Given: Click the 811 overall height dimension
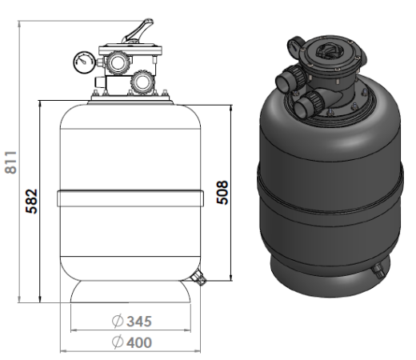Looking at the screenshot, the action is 11,162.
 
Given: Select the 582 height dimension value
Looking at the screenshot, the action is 31,201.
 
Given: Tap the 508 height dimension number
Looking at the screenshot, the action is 222,193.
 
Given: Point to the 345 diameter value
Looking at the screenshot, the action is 139,322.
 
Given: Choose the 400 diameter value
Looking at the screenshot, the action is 139,342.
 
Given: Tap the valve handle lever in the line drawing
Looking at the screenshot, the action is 138,30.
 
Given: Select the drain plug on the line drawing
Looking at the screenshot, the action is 198,278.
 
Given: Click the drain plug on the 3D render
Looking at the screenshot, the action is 377,270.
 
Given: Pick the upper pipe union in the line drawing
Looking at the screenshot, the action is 117,62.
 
